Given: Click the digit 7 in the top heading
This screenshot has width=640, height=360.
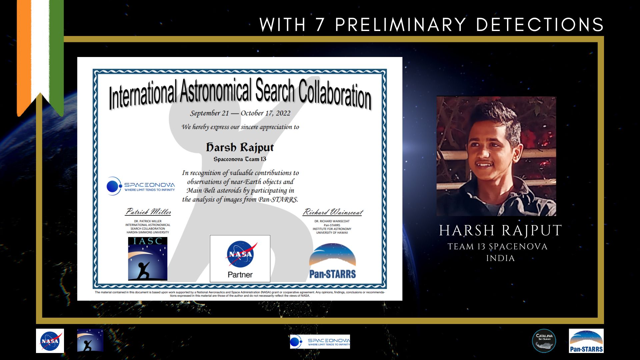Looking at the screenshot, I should click(x=320, y=25).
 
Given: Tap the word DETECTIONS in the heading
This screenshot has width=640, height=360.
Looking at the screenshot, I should click(x=540, y=25).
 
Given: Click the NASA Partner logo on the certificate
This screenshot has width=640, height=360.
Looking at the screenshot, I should click(x=240, y=259).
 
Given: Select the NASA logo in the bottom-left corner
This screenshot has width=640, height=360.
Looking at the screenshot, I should click(x=50, y=341).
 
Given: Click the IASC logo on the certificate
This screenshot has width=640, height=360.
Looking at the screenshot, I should click(x=148, y=259).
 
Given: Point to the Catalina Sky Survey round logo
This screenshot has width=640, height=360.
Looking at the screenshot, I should click(x=544, y=341).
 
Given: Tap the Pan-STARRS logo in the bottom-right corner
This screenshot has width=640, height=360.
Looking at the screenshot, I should click(x=586, y=341).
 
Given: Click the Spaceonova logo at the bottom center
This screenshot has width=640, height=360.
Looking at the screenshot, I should click(x=320, y=342).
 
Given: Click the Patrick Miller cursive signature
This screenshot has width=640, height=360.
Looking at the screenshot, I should click(x=148, y=212).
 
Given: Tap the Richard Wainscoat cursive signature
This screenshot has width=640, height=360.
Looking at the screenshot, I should click(x=333, y=212).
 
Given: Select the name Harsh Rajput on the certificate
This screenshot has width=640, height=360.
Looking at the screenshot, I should click(x=240, y=147).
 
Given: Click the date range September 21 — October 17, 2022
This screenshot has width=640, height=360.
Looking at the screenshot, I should click(x=240, y=113).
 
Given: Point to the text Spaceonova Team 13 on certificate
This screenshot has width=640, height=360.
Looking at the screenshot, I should click(x=240, y=159).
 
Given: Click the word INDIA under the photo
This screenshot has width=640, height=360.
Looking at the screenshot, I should click(x=500, y=258).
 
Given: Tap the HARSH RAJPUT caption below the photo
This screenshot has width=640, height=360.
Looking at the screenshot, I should click(x=500, y=231).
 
